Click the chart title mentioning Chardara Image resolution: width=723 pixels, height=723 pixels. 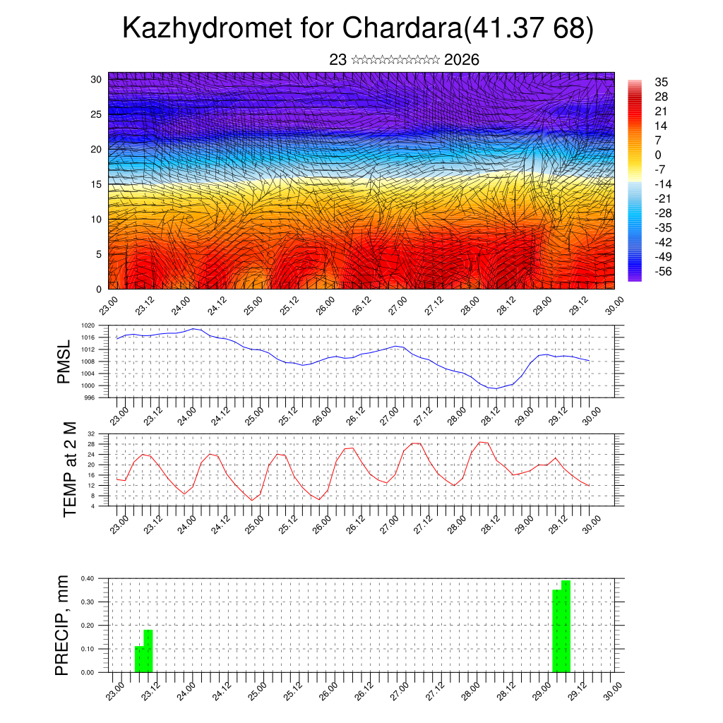tap(358, 29)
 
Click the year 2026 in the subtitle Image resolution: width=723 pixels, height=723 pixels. tap(462, 60)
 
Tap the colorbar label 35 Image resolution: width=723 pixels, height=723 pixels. tap(662, 82)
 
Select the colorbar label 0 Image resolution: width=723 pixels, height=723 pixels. tap(658, 155)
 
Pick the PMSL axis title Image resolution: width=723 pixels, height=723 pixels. tap(64, 362)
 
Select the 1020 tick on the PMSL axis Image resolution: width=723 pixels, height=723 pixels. tap(88, 325)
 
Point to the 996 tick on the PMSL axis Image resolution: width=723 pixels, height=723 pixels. tap(90, 398)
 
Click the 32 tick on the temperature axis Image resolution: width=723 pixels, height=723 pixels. tap(91, 434)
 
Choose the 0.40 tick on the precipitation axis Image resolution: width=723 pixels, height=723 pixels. tap(88, 578)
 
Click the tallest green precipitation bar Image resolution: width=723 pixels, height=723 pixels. tap(566, 626)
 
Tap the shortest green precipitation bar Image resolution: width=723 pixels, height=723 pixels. tap(139, 659)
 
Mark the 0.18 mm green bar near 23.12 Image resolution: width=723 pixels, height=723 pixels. tap(148, 650)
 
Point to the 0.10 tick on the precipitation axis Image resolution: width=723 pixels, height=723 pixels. tap(88, 649)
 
